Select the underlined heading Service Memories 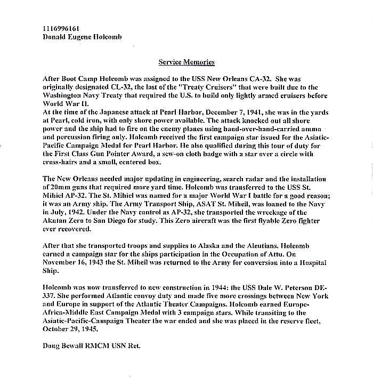click(x=186, y=62)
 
